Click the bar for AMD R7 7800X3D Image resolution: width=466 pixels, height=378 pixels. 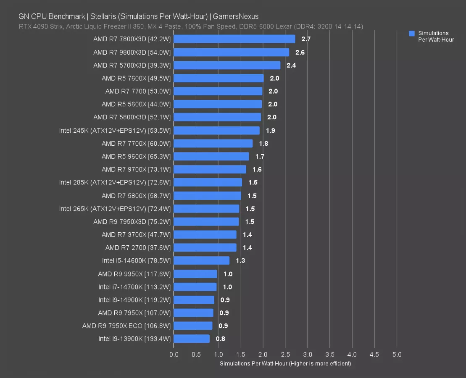[234, 39]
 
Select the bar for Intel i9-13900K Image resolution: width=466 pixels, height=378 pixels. [192, 339]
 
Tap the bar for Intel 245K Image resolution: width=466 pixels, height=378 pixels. [216, 130]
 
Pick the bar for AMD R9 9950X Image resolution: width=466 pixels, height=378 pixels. [195, 274]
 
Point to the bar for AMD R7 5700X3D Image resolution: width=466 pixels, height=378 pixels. [227, 65]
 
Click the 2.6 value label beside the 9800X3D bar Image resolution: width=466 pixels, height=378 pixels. [300, 52]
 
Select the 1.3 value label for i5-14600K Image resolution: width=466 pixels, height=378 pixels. [240, 261]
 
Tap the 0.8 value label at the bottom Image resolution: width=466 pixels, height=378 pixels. [221, 339]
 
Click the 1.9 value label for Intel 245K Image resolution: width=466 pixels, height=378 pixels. [270, 131]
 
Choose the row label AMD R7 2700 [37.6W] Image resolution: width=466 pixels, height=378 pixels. [138, 248]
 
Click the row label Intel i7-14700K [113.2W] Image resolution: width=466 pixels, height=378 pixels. [134, 287]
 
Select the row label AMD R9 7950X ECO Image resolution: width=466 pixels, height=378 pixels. [126, 326]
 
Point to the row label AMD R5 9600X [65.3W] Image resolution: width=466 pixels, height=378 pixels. [136, 157]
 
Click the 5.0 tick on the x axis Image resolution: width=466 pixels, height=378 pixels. [397, 354]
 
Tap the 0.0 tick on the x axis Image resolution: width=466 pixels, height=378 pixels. [174, 354]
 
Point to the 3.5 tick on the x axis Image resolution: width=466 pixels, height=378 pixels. [330, 354]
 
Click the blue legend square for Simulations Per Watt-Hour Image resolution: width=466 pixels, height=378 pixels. [412, 33]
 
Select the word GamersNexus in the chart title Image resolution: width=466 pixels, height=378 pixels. [236, 16]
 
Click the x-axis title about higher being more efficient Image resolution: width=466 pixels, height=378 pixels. [285, 364]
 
